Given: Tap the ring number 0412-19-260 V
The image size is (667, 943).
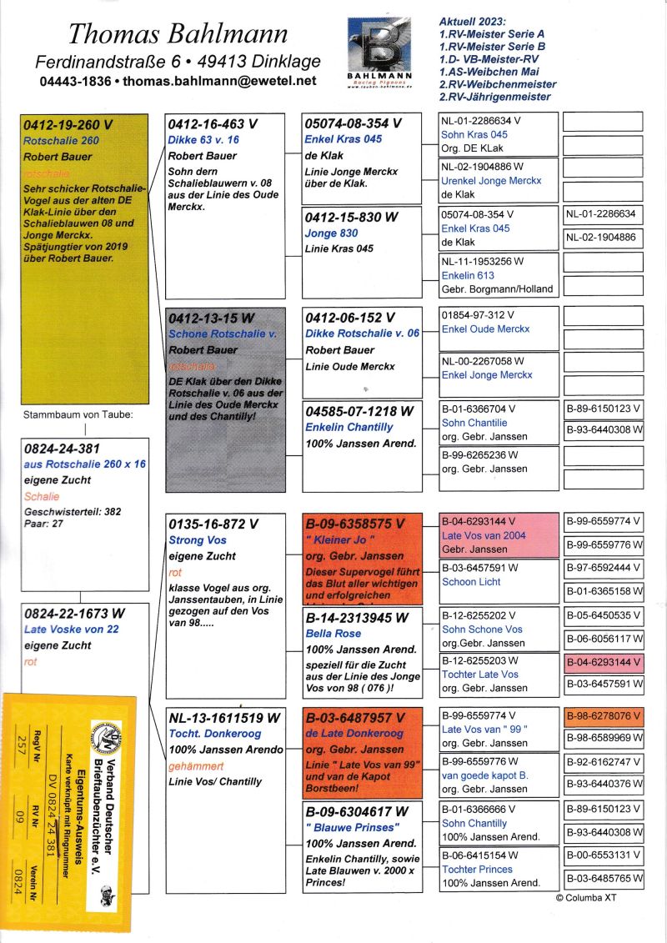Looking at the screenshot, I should coord(68,126).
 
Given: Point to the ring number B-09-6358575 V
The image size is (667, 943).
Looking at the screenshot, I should coord(355,524).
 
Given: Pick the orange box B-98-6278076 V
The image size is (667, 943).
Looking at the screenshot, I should coord(603,716).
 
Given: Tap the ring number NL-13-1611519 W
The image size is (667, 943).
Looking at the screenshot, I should coord(224,718).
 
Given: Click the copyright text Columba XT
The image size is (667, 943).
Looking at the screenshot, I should coord(586,898).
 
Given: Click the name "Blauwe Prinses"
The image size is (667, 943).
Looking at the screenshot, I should coord(353,827).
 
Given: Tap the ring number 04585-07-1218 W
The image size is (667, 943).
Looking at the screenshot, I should coord(359,411).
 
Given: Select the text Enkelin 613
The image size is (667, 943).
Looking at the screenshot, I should coord(468,275).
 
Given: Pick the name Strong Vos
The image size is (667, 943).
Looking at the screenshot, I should coord(198,540).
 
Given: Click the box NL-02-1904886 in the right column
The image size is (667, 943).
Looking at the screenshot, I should coord(603,238).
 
